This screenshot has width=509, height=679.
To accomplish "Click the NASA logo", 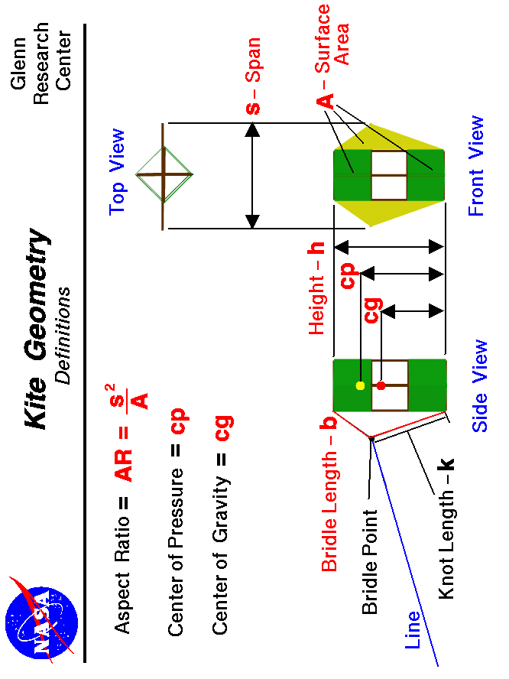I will tap(41, 615).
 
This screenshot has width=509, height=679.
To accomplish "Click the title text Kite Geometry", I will tap(37, 329).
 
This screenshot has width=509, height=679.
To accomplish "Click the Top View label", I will tap(117, 171).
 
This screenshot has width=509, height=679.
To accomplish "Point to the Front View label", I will tap(476, 165).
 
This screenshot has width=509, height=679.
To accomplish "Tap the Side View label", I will tap(479, 386).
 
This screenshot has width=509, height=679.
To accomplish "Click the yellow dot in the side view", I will tap(361, 385).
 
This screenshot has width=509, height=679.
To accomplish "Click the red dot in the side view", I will tap(381, 385).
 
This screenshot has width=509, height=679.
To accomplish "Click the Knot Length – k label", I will tap(446, 528).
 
